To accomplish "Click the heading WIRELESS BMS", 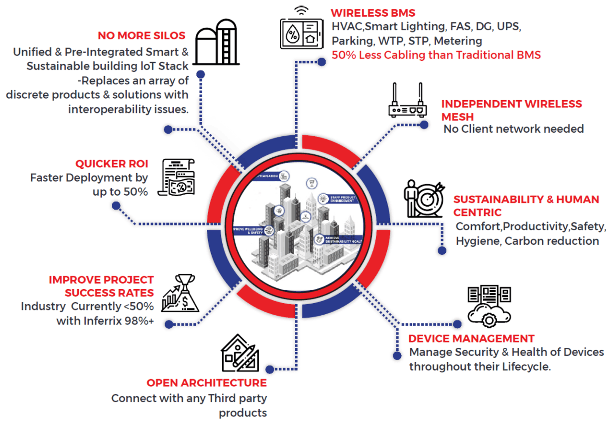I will click(373, 13).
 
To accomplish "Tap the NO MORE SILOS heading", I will click(141, 36).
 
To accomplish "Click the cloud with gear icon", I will click(489, 306).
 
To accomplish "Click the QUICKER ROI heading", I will click(111, 164).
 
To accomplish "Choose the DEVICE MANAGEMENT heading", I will click(471, 338).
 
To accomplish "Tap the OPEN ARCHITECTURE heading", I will click(206, 383).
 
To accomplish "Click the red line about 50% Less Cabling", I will click(436, 55).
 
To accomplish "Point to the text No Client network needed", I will click(513, 129).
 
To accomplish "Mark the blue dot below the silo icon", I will click(201, 74).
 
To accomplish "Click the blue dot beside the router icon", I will click(424, 125).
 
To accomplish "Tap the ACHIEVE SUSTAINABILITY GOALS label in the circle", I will click(343, 240).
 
